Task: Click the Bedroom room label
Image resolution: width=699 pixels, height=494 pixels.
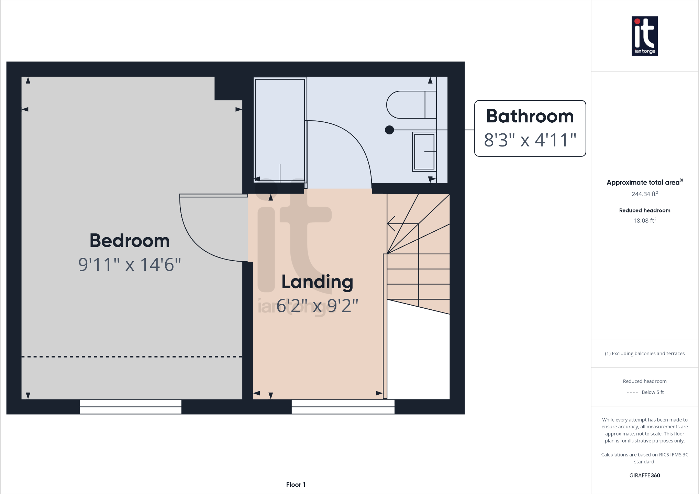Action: [130, 241]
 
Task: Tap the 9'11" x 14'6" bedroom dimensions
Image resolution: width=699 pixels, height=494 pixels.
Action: [130, 265]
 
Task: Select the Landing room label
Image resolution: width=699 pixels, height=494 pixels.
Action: [317, 282]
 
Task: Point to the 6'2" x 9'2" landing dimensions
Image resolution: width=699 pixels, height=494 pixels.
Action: [317, 306]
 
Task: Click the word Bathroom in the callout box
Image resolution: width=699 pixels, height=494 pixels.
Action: [530, 116]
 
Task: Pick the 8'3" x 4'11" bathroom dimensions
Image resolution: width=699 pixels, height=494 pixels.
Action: [530, 140]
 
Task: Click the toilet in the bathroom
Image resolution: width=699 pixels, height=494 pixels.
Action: [411, 105]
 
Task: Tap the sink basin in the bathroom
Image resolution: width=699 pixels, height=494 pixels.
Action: [424, 152]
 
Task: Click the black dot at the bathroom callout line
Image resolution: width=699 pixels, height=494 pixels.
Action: [389, 130]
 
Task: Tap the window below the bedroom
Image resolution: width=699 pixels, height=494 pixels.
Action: [131, 407]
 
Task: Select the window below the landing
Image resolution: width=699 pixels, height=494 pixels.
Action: [343, 407]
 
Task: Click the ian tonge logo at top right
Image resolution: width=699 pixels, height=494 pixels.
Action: [645, 36]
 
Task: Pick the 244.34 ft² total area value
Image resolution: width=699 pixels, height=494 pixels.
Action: [645, 194]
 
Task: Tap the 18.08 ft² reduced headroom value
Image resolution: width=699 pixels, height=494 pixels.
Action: [645, 220]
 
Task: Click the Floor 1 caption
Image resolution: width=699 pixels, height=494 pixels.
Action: [296, 484]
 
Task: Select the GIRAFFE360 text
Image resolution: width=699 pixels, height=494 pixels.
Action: [645, 475]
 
